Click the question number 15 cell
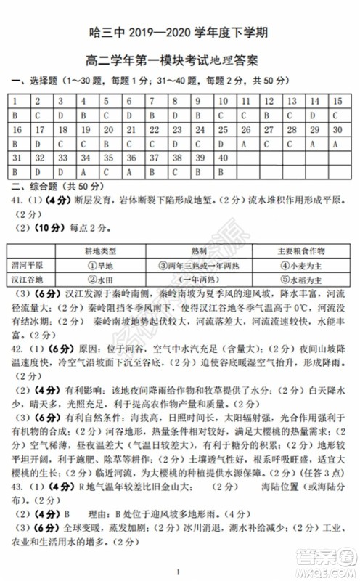pyautogui.click(x=337, y=101)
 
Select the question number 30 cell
pyautogui.click(x=337, y=129)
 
